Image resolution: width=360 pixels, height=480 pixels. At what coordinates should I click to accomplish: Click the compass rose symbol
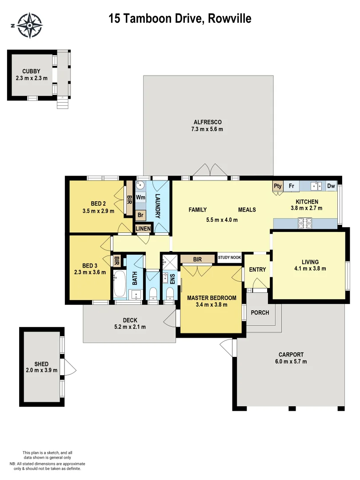(29, 25)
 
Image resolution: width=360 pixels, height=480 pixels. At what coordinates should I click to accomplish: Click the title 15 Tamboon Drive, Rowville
(180, 18)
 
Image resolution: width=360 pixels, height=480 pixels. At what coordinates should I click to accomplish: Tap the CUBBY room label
(31, 71)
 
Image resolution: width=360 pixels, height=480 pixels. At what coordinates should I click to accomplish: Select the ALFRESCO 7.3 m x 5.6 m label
(207, 126)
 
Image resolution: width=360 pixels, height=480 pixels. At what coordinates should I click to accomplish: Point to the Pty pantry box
(278, 186)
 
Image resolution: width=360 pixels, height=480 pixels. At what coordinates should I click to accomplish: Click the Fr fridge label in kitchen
(292, 186)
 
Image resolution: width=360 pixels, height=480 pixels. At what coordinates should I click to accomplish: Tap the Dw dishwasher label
(331, 186)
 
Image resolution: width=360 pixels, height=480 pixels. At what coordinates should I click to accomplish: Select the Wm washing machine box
(140, 197)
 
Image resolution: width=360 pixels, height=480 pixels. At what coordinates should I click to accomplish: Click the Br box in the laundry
(140, 215)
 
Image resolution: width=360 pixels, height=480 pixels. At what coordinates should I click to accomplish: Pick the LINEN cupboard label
(143, 228)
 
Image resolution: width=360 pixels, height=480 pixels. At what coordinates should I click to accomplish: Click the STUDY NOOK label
(229, 257)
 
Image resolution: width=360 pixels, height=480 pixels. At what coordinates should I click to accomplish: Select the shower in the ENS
(169, 260)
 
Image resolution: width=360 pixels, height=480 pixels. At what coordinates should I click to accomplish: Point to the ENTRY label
(257, 269)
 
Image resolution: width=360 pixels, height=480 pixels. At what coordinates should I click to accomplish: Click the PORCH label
(260, 312)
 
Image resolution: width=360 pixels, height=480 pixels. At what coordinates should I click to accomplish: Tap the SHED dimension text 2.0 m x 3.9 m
(42, 371)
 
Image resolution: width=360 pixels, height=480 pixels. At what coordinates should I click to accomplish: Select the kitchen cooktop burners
(306, 223)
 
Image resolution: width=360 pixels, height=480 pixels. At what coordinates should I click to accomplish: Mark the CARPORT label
(291, 355)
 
